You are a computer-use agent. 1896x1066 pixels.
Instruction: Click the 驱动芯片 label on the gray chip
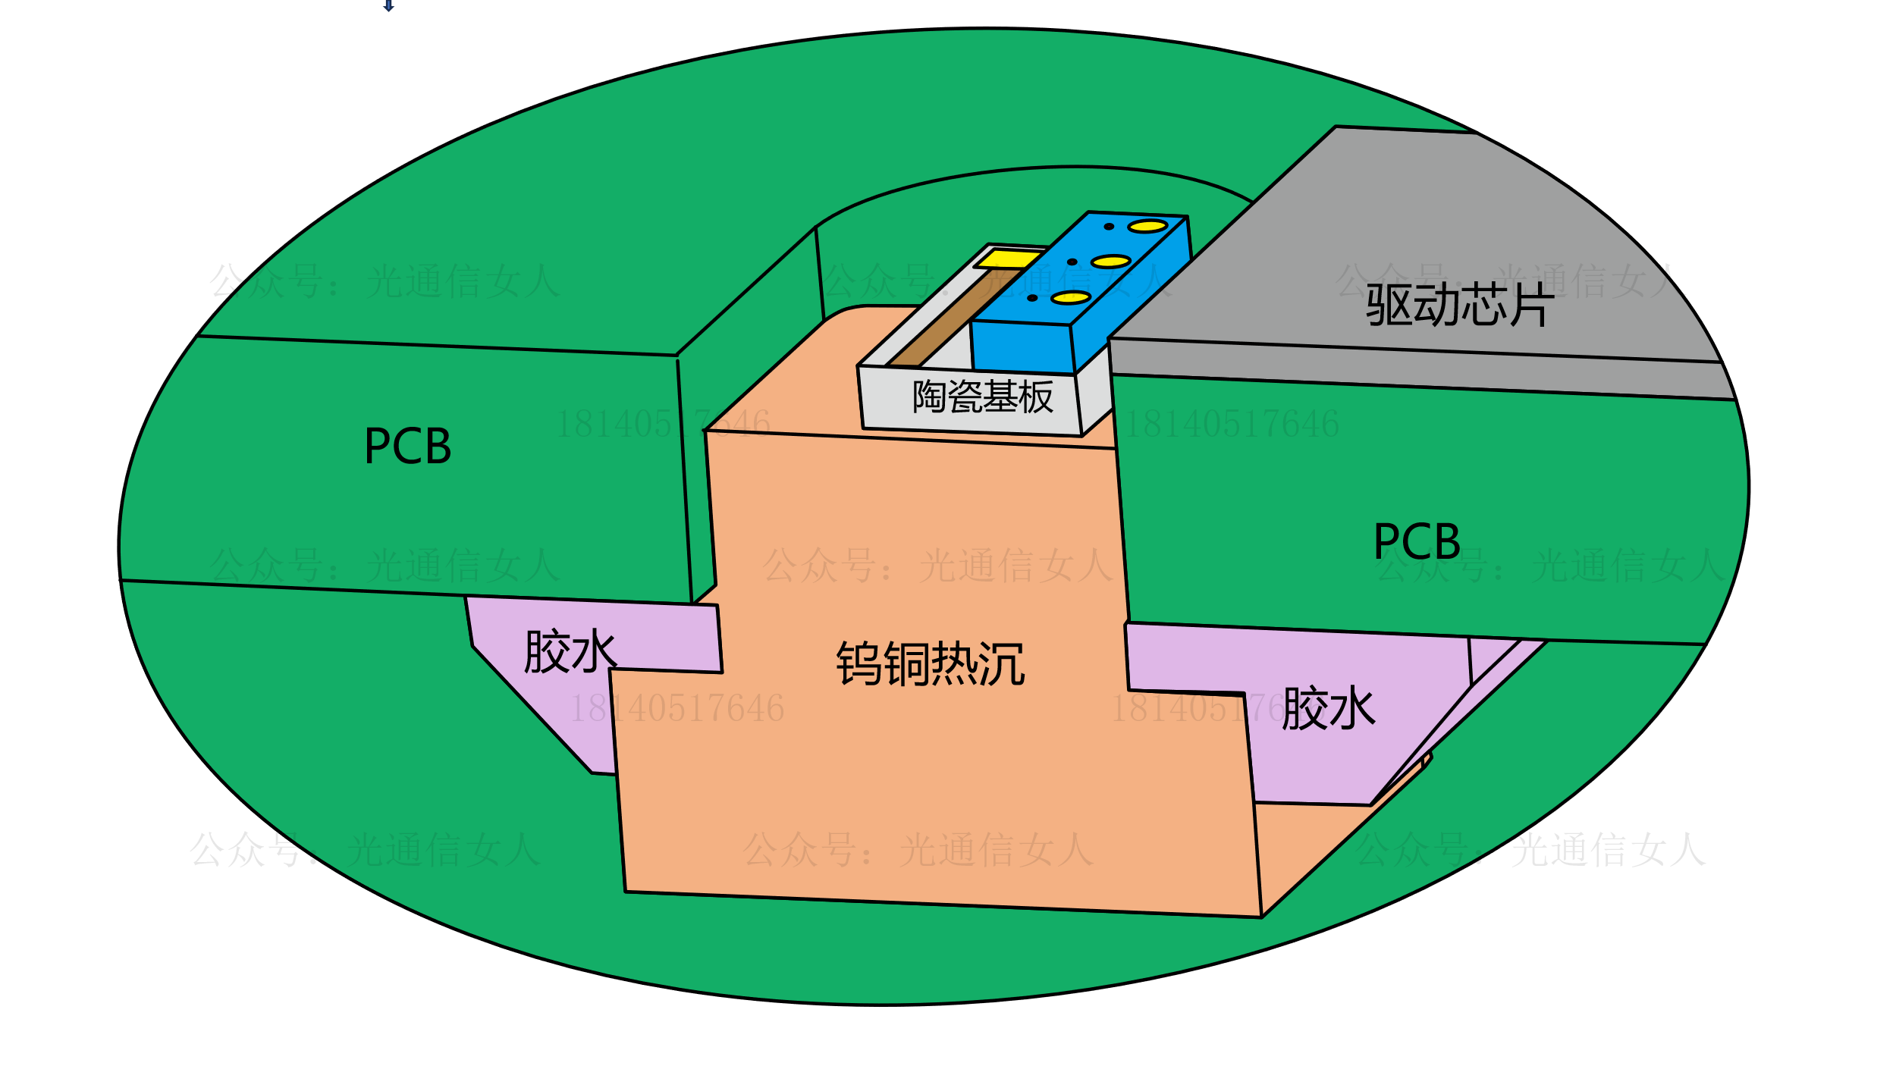tap(1460, 306)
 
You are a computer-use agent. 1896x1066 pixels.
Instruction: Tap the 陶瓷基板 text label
tap(983, 397)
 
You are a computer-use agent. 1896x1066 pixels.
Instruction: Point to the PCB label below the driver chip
tap(1417, 541)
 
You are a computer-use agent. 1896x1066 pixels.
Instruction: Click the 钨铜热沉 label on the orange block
tap(931, 664)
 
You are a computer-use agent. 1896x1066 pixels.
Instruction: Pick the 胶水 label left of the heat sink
tap(570, 651)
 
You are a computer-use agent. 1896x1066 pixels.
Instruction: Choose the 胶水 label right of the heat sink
tap(1329, 709)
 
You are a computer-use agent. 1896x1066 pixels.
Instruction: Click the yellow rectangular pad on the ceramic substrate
tap(1008, 259)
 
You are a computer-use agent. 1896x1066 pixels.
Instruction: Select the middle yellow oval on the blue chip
tap(1111, 262)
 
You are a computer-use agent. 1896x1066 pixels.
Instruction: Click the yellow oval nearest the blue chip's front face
tap(1071, 298)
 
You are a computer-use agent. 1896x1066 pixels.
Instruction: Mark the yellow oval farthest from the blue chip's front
tap(1147, 226)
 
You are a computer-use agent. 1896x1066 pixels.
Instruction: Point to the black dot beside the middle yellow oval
tap(1072, 262)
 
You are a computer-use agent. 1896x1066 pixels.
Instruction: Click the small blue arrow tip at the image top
tap(388, 7)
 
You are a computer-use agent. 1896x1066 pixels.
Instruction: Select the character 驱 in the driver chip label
tap(1388, 306)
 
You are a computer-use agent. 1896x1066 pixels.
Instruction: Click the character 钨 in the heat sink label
tap(859, 664)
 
